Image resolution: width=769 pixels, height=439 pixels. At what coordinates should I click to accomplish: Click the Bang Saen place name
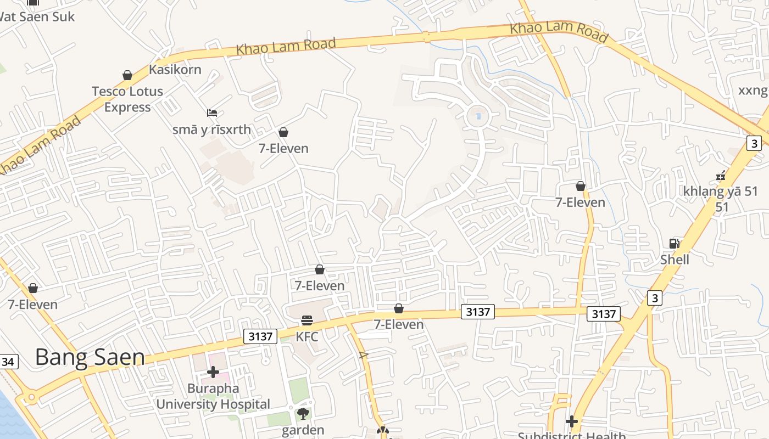(90, 357)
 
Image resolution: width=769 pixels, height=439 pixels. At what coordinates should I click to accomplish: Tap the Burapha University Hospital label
(213, 396)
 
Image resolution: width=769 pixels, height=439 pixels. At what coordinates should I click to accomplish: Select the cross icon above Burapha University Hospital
(213, 372)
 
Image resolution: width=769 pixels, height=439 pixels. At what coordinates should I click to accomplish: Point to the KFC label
(307, 336)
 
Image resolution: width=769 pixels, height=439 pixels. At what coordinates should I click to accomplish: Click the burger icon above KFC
(307, 320)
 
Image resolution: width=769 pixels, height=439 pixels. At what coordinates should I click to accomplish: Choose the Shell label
(675, 259)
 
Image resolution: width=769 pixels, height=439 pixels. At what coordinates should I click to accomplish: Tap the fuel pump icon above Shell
(674, 243)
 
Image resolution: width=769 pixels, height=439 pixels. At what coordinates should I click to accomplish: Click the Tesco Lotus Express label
(127, 99)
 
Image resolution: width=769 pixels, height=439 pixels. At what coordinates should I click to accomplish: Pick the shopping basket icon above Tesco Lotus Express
(127, 75)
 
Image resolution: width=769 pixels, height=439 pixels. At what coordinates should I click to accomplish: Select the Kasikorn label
(175, 70)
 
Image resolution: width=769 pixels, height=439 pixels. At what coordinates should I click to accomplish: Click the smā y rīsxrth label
(211, 130)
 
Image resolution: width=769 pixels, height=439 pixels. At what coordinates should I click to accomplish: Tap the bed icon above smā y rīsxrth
(212, 113)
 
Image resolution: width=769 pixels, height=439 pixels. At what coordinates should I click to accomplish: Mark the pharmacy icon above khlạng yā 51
(721, 176)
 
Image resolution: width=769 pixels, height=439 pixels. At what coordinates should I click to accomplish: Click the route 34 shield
(8, 362)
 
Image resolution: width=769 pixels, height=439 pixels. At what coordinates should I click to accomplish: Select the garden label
(303, 430)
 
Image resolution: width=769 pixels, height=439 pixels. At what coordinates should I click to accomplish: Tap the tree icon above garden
(303, 414)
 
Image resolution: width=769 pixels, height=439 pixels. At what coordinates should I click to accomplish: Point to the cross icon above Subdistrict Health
(572, 421)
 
